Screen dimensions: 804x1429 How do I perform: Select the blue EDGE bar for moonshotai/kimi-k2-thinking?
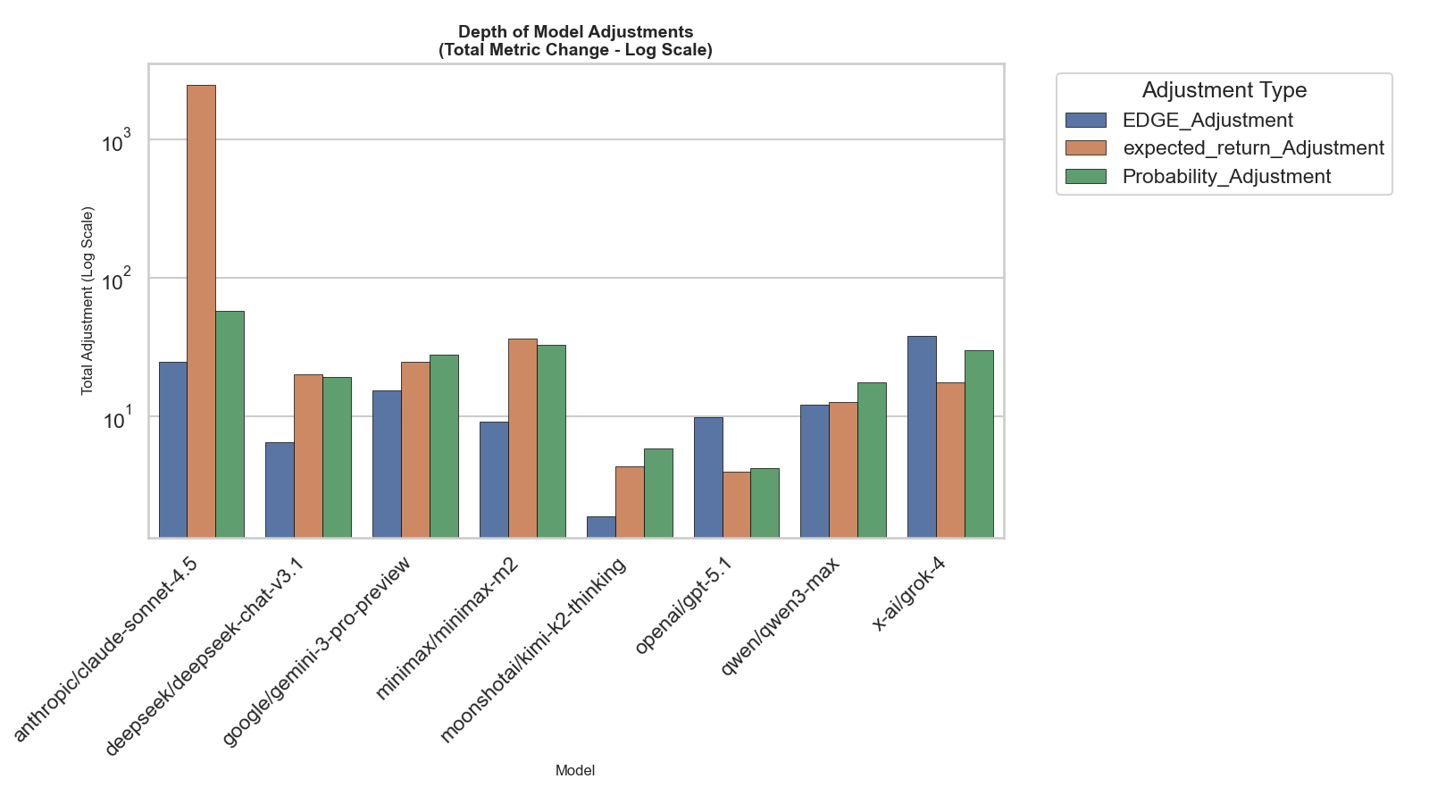click(x=601, y=527)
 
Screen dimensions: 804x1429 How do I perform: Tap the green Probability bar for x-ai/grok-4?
click(x=979, y=444)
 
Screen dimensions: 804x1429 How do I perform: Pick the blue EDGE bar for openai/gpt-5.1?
click(x=708, y=477)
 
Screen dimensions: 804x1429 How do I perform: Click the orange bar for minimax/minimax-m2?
click(x=522, y=438)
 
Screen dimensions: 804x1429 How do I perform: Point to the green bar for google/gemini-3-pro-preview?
click(x=444, y=446)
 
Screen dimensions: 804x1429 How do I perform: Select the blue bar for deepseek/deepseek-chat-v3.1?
click(x=280, y=490)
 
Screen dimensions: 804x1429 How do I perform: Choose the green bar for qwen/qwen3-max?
click(x=872, y=460)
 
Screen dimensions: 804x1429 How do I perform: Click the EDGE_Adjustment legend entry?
click(x=1207, y=121)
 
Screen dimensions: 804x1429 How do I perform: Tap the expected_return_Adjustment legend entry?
click(x=1252, y=148)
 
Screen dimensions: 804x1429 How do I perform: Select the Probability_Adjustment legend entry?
click(x=1225, y=177)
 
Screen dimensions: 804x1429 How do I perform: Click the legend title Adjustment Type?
click(x=1224, y=90)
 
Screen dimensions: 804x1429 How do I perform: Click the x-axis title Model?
click(x=575, y=770)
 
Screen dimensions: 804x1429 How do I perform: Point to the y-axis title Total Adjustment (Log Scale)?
click(x=88, y=301)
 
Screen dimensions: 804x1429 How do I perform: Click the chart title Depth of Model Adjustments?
click(x=575, y=33)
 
